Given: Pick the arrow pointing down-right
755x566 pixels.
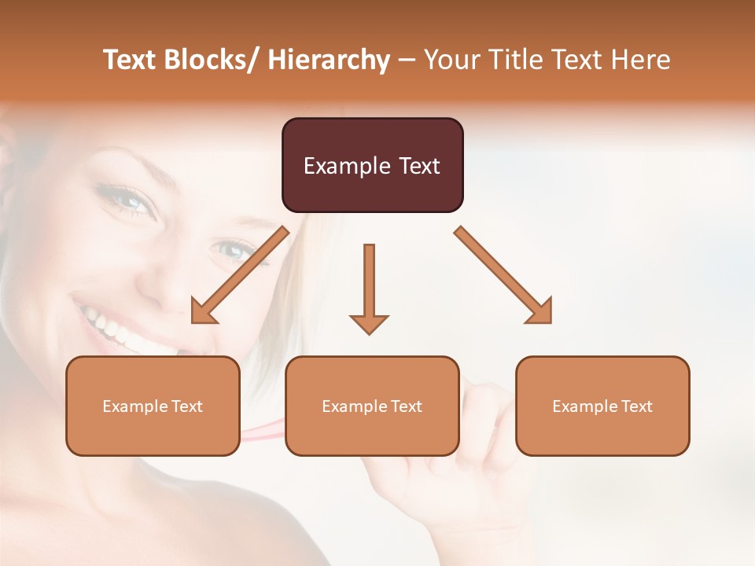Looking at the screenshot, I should point(503,275).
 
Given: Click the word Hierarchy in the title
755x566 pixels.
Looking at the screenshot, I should point(328,61).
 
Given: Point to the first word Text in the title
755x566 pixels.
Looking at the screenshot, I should point(131,61).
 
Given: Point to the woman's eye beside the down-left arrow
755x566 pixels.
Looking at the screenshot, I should point(234,250).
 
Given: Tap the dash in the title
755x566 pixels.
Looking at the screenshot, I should point(407,61).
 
